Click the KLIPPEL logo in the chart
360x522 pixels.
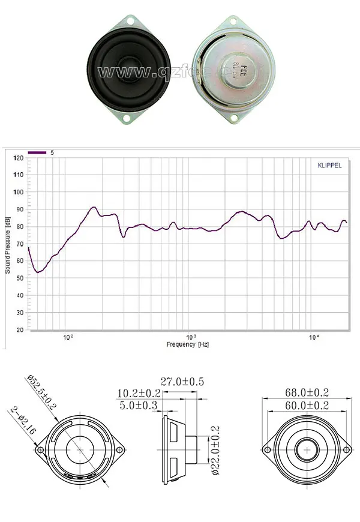point(328,165)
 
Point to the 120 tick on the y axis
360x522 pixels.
point(19,158)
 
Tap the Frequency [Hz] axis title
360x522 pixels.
point(188,344)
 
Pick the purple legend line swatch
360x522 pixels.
point(37,153)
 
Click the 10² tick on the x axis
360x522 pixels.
point(68,337)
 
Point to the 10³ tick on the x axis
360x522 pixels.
point(190,337)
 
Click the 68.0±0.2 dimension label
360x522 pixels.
point(307,392)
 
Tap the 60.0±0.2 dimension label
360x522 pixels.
point(307,406)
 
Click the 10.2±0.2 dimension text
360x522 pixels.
point(139,393)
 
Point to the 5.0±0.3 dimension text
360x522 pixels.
point(139,406)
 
